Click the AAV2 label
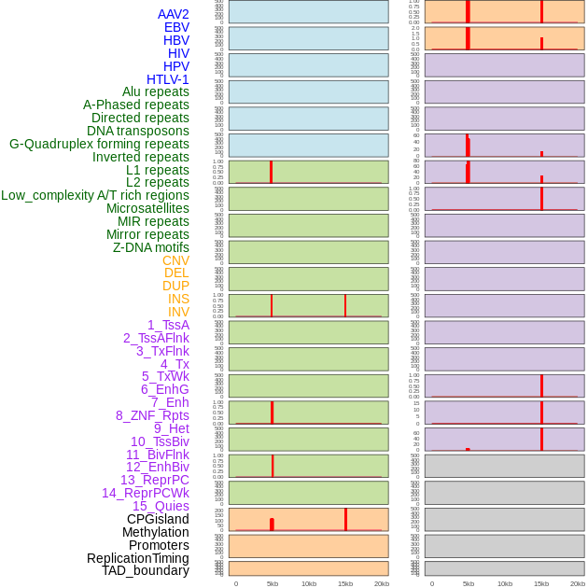point(173,14)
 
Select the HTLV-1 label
point(167,79)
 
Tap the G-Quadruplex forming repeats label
point(99,144)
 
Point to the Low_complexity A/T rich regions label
point(94,195)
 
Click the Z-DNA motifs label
point(150,247)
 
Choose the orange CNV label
point(175,260)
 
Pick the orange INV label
point(178,312)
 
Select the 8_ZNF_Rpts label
point(152,415)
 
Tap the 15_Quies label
point(161,506)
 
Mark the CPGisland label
point(158,519)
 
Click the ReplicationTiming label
point(137,558)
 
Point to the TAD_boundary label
point(145,570)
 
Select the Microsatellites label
point(147,208)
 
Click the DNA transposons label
point(138,131)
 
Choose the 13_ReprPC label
point(154,480)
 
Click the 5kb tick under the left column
point(273,583)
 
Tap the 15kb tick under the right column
point(541,583)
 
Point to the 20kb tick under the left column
point(381,583)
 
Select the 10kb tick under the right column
point(505,583)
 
